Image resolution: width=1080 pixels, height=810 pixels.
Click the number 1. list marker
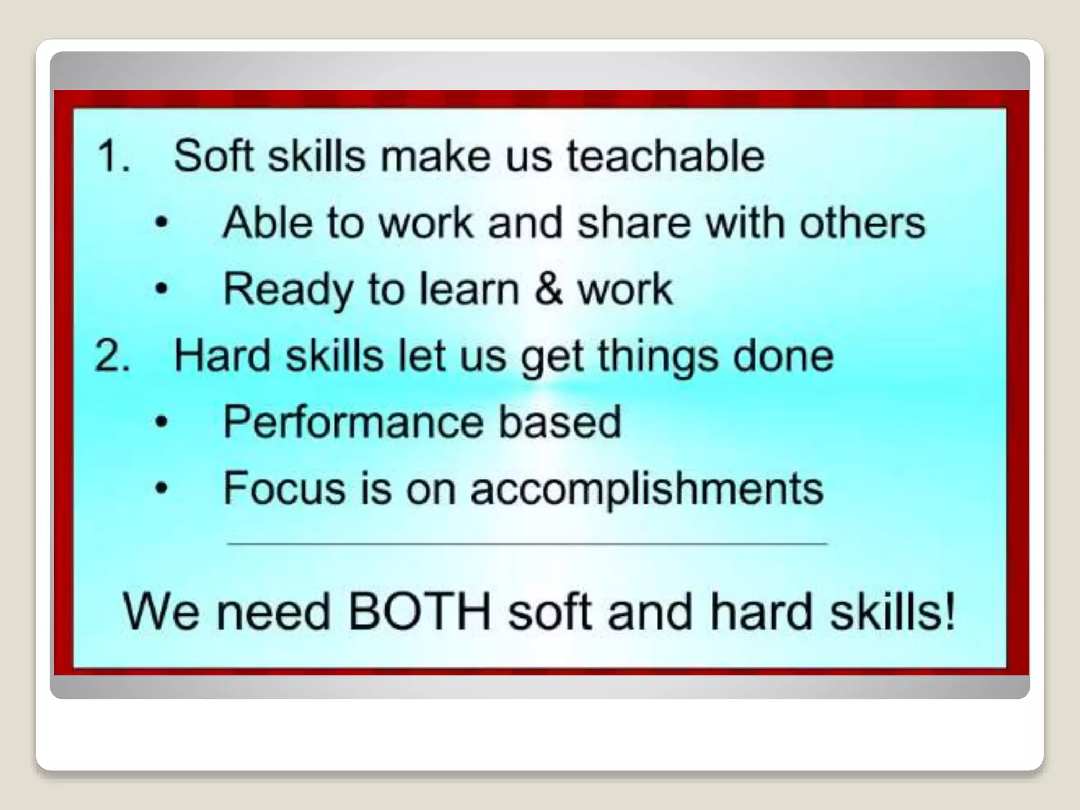pos(112,157)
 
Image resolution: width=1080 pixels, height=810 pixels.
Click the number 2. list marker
pos(112,356)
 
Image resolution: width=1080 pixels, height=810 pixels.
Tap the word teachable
pos(666,157)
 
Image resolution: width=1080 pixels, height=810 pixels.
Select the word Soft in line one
pos(213,157)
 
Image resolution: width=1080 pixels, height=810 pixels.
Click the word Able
pos(267,223)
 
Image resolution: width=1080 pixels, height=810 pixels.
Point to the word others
pos(862,223)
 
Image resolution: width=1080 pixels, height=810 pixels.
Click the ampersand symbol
pos(548,289)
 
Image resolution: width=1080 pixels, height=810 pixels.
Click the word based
pos(560,422)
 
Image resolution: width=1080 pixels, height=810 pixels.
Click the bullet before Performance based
pos(161,422)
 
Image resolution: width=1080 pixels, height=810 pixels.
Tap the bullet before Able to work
pos(161,223)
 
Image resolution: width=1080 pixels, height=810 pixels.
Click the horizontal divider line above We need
pos(527,543)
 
